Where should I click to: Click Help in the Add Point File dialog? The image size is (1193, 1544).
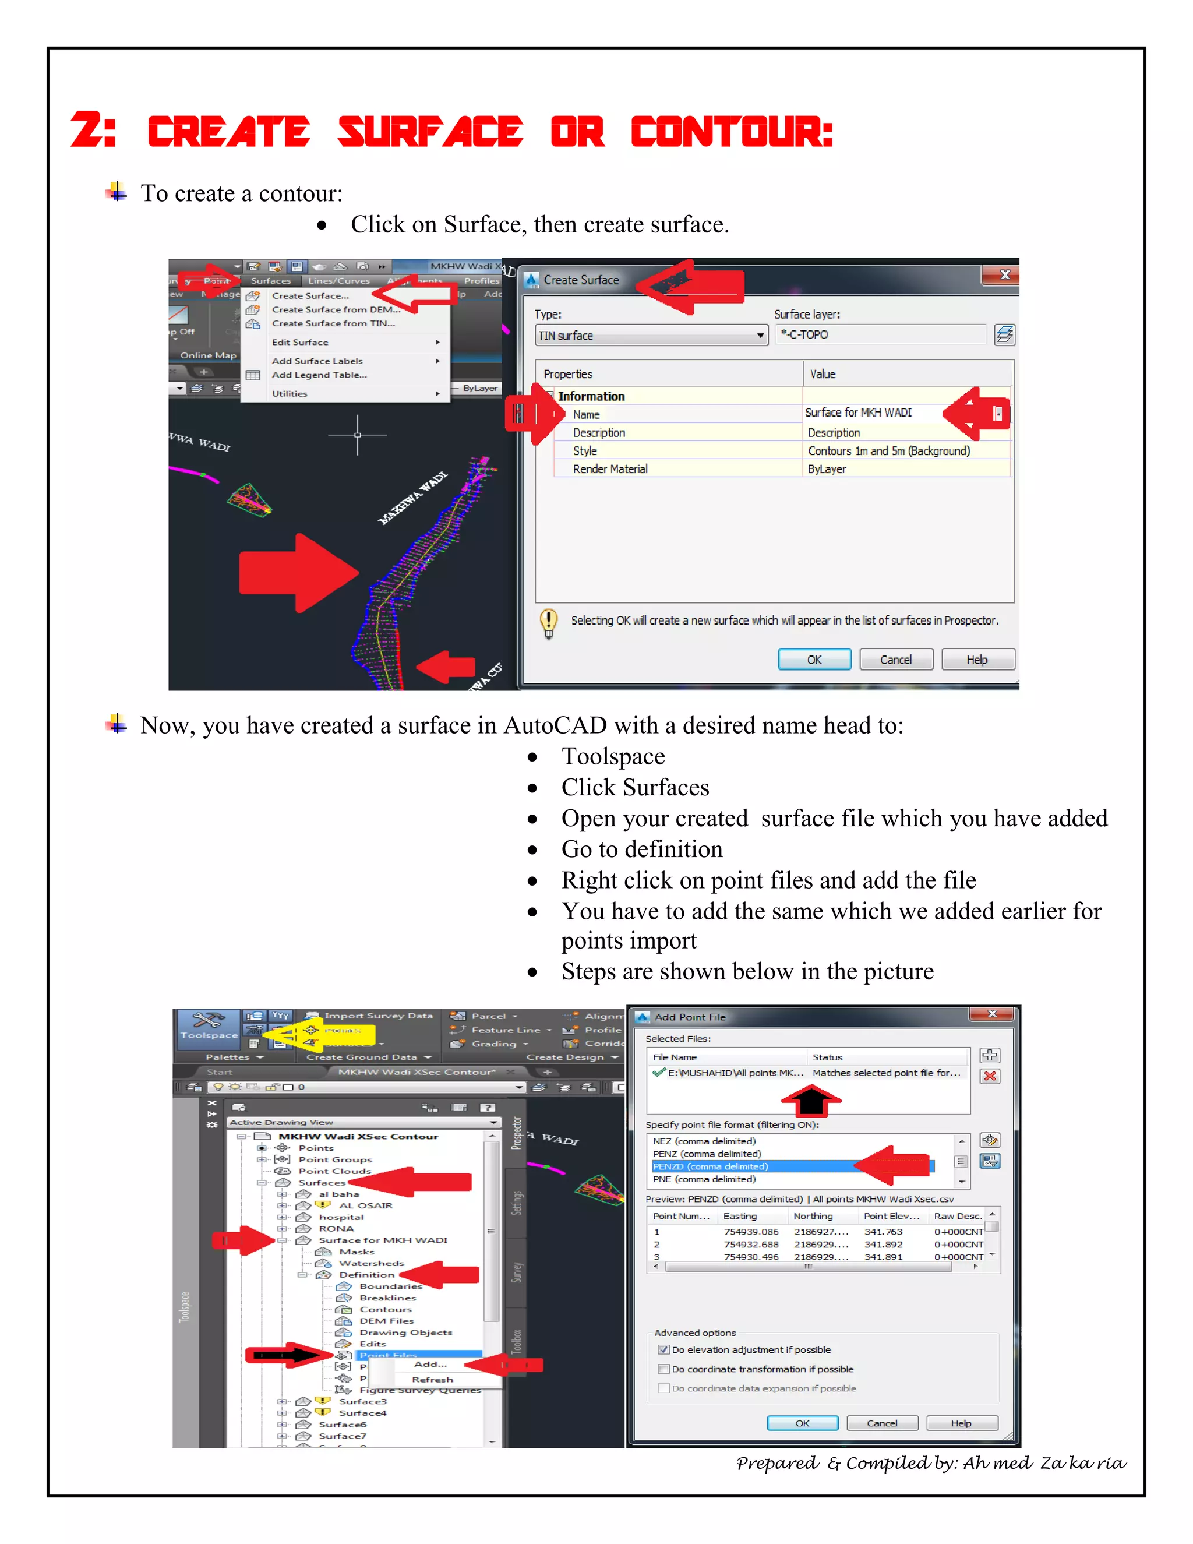coord(961,1423)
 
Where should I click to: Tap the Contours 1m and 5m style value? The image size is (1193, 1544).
coord(888,451)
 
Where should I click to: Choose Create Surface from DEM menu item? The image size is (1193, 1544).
coord(336,309)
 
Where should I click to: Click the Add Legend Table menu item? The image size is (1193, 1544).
coord(319,375)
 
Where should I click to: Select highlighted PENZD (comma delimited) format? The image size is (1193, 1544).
coord(710,1166)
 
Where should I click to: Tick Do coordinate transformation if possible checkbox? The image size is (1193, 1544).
coord(663,1369)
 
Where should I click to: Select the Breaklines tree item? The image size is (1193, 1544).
coord(387,1298)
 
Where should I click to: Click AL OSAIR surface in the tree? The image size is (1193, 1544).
coord(365,1205)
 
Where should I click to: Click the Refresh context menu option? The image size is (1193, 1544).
coord(432,1379)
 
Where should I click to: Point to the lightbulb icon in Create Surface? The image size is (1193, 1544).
coord(548,622)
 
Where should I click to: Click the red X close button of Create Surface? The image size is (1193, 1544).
coord(1004,275)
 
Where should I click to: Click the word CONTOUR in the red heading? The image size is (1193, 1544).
coord(732,133)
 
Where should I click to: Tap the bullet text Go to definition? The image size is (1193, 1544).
coord(642,849)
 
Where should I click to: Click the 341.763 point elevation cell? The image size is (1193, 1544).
coord(883,1232)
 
